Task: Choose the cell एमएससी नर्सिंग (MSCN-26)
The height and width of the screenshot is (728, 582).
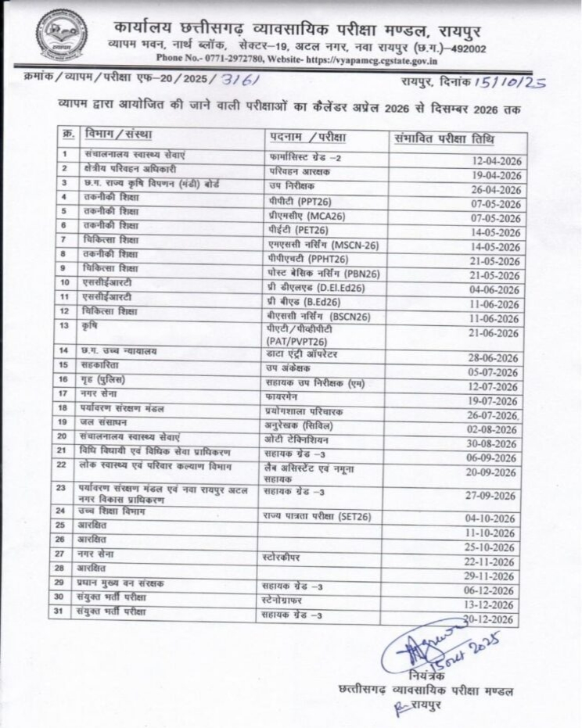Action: click(322, 246)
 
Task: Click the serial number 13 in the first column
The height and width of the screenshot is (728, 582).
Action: click(64, 325)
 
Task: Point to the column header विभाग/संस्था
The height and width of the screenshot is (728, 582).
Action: click(114, 136)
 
